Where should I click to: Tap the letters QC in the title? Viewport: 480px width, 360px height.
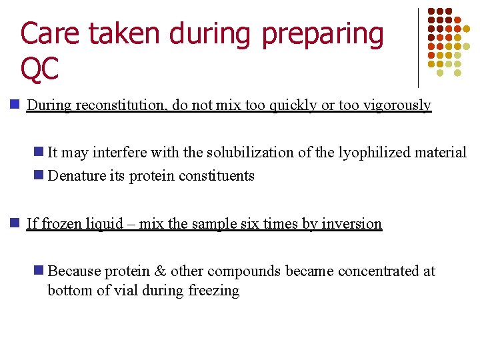pyautogui.click(x=40, y=69)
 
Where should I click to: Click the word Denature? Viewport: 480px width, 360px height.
pyautogui.click(x=76, y=176)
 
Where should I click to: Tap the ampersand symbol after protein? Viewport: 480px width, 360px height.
pyautogui.click(x=160, y=271)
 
